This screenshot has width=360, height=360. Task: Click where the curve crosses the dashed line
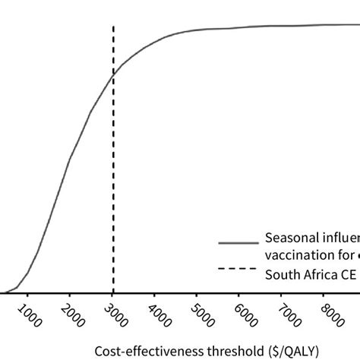click(x=113, y=74)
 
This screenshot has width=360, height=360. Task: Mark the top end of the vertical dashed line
click(x=113, y=26)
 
